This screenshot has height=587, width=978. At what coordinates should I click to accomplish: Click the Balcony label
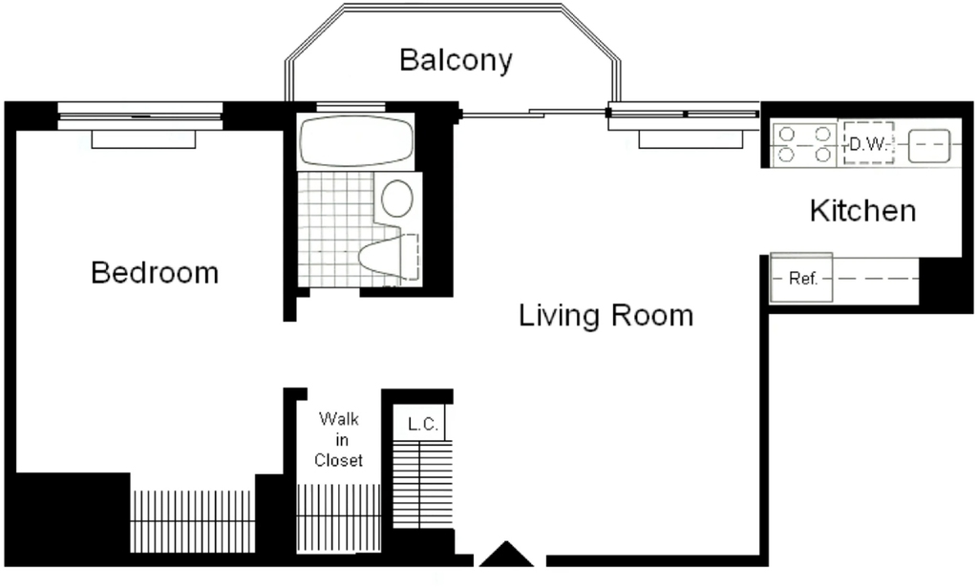456,60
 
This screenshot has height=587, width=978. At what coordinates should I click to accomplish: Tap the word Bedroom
155,273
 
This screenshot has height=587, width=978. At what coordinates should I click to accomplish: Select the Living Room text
606,315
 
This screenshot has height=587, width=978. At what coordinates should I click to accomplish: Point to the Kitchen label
863,211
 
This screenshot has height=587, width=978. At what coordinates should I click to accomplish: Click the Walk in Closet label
339,439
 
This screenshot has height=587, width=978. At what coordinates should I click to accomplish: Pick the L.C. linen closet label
423,425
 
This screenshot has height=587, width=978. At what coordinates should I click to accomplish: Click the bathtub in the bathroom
356,140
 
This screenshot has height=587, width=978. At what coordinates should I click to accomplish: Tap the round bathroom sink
397,199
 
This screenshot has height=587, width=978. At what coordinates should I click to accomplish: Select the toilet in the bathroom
389,256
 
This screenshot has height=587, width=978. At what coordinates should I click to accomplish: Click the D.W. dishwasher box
869,144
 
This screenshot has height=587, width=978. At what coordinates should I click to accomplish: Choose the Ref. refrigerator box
801,278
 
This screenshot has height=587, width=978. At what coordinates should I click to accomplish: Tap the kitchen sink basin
929,146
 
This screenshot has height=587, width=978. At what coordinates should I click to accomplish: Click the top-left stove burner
787,134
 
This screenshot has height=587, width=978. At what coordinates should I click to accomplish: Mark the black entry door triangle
506,554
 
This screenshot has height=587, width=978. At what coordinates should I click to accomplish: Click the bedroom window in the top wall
140,115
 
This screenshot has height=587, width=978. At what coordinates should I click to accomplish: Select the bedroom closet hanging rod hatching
193,521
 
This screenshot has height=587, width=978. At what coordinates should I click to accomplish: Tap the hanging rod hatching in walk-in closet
338,518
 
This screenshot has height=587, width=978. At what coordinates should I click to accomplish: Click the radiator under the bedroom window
143,139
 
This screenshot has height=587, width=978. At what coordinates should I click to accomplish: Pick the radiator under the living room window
691,139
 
